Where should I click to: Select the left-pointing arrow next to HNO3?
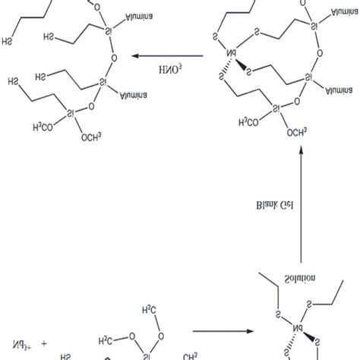[x=167, y=56]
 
